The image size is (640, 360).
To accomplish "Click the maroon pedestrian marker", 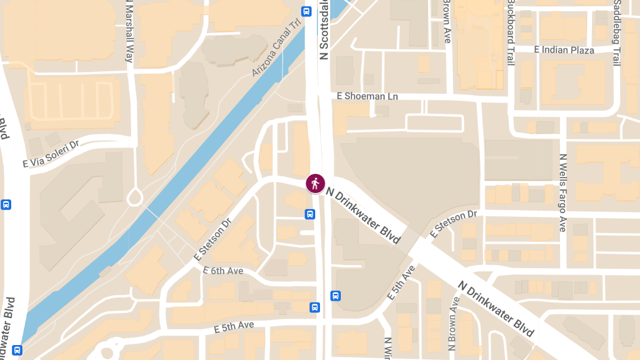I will tap(315, 183).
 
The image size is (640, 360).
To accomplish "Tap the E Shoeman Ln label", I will tap(368, 96).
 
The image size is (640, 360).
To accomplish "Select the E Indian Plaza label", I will tap(564, 50).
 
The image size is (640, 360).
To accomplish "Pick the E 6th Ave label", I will tap(223, 270).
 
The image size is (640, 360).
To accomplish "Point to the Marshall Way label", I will tap(129, 31).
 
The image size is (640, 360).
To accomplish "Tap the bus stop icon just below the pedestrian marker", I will tap(310, 214).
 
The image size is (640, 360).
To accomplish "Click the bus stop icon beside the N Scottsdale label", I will tap(306, 11).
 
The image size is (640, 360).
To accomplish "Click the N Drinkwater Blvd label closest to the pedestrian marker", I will tap(363, 215).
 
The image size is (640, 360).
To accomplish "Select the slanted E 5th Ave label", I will tap(403, 282).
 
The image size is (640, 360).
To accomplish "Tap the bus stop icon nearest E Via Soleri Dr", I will tap(6, 204).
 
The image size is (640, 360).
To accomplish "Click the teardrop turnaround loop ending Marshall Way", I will tap(135, 196).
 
